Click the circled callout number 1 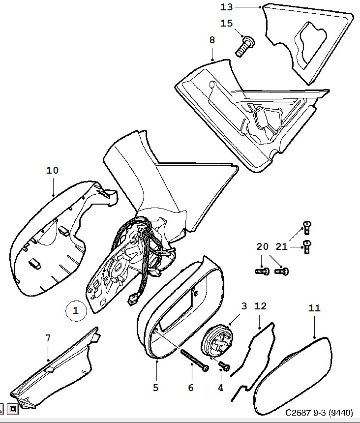[76, 310]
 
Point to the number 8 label [212, 40]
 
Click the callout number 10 [53, 171]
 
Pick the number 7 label [48, 338]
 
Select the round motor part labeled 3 [219, 340]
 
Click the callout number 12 [260, 306]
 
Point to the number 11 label [314, 308]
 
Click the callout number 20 [262, 246]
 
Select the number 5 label [155, 388]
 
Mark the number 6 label [191, 388]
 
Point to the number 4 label [220, 388]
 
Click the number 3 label [244, 306]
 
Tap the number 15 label [226, 23]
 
